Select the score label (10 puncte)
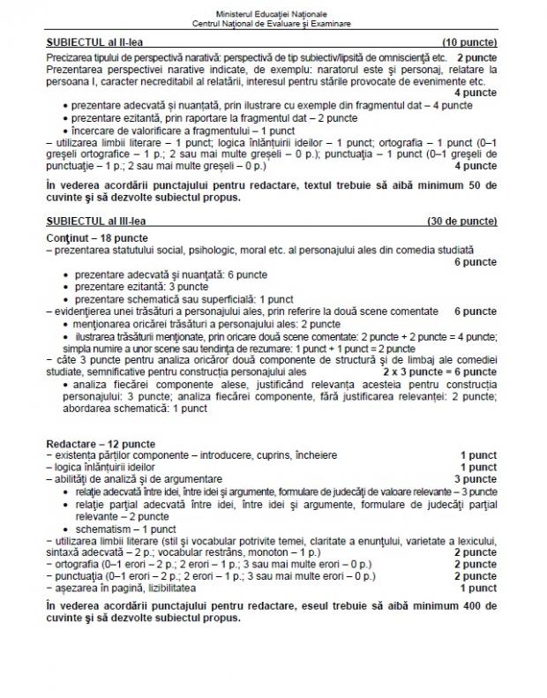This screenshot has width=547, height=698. click(x=468, y=41)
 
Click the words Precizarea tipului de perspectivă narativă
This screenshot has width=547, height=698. click(x=136, y=56)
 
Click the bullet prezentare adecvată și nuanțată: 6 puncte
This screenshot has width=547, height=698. click(x=164, y=275)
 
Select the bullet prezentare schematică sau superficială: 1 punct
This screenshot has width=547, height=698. click(x=184, y=299)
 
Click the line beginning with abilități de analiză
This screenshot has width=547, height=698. click(x=132, y=478)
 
